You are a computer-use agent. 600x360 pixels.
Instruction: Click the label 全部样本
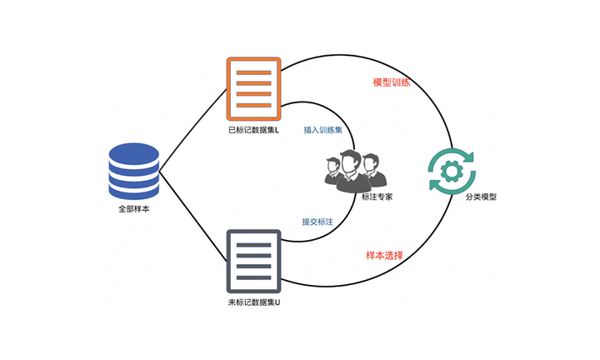coord(133,210)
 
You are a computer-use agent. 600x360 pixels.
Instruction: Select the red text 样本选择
coord(385,255)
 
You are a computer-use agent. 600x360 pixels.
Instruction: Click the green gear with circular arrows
coord(451,172)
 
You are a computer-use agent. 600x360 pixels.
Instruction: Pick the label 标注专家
coord(377,197)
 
